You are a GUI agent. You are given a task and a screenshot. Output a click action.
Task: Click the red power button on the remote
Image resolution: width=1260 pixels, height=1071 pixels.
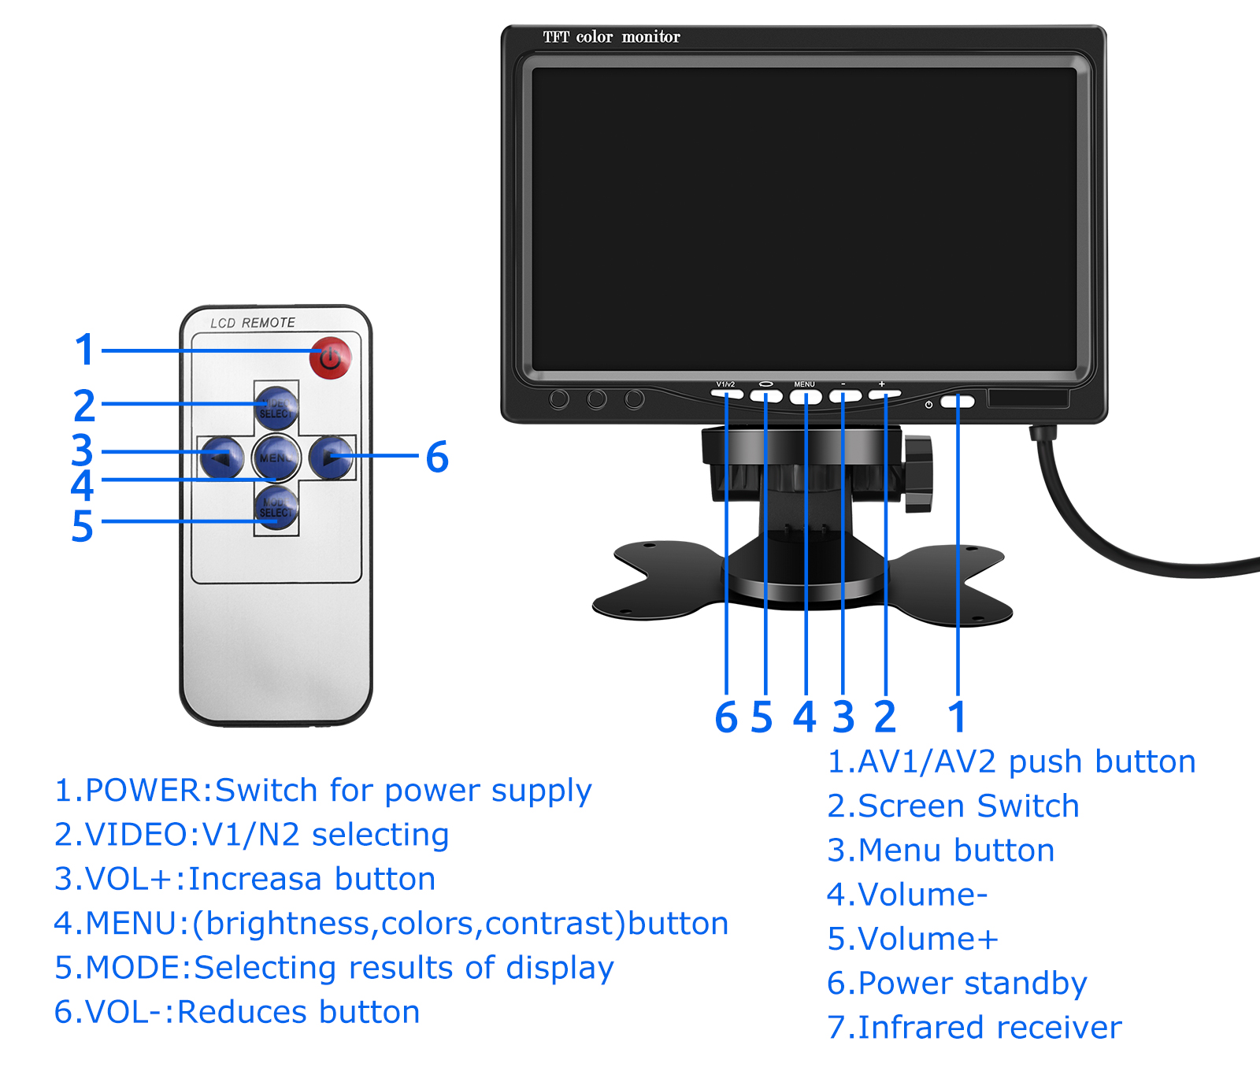(330, 358)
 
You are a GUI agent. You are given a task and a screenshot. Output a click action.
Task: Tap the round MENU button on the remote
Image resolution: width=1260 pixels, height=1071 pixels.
(276, 458)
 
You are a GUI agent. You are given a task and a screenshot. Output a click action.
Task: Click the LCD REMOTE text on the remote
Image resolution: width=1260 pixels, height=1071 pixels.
(253, 323)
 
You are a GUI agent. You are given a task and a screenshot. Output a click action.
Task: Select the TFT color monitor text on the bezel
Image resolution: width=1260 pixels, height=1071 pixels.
(611, 37)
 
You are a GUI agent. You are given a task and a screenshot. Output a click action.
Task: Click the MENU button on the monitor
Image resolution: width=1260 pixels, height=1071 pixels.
(805, 397)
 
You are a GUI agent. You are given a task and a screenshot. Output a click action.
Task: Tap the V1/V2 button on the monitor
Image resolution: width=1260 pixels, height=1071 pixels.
(726, 394)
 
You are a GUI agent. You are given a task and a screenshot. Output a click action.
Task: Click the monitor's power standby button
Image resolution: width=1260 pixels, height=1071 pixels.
(957, 402)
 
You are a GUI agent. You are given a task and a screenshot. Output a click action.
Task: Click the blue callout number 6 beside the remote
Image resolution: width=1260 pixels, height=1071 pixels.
(437, 458)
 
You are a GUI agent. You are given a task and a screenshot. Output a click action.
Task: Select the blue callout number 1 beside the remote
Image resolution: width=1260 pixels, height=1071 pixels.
(85, 350)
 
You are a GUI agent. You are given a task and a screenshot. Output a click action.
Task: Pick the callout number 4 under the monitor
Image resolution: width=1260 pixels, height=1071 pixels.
(804, 717)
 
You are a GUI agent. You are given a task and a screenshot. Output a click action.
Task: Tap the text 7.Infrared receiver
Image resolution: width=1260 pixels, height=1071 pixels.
(974, 1028)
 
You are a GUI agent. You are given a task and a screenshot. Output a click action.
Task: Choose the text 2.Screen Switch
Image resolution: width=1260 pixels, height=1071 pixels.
(953, 806)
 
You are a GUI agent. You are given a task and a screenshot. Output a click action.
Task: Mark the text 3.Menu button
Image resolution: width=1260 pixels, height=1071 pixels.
(941, 850)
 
